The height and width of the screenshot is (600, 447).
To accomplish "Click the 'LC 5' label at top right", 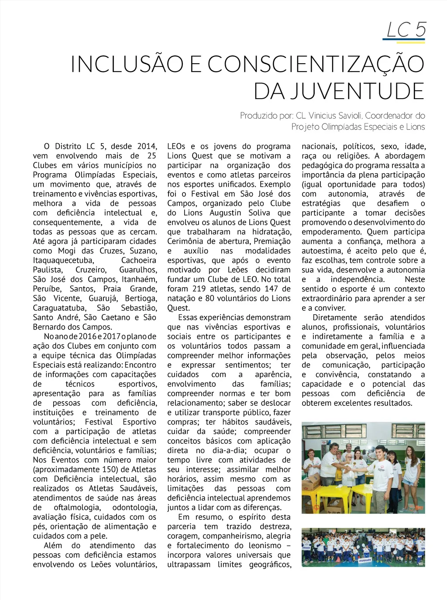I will [x=406, y=30].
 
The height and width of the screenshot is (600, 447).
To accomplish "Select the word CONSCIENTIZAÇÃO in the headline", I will [x=316, y=64].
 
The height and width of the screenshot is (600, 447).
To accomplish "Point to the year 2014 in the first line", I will [x=147, y=146].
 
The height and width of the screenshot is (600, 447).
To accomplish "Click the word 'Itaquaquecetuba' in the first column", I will [x=63, y=261].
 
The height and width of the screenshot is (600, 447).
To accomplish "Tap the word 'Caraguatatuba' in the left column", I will [x=59, y=308].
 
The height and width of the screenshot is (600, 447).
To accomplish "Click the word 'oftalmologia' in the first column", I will [x=77, y=507].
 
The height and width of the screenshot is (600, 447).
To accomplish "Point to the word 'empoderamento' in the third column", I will [x=332, y=232].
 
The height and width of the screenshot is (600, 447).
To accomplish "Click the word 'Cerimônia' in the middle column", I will [x=186, y=241].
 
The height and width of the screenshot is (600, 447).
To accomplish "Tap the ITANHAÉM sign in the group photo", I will [x=365, y=560].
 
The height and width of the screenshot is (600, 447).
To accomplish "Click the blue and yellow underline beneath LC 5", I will [x=403, y=41].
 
